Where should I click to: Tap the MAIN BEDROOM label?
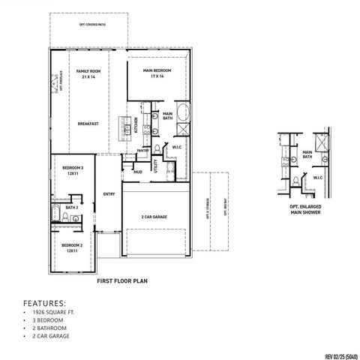click(157, 70)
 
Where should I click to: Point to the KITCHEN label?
click(136, 125)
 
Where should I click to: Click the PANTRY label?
click(142, 151)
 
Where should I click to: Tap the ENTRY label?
click(109, 193)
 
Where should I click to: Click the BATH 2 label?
click(72, 208)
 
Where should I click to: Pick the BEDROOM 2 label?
click(72, 246)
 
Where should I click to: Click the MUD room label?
click(138, 172)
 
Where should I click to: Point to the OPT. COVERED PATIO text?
click(92, 25)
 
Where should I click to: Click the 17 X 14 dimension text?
click(157, 76)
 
